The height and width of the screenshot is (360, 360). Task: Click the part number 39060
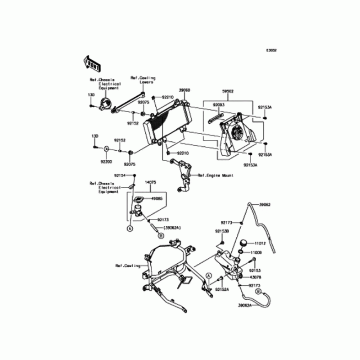coord(185,90)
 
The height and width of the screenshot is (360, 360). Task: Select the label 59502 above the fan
coord(228,90)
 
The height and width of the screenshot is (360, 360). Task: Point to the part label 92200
coord(106,161)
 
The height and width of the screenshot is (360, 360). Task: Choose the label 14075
coord(150,182)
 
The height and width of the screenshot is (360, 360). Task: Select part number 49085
coord(156,198)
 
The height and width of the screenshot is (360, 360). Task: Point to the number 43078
coord(255,277)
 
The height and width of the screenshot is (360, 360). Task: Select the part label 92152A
coord(222,290)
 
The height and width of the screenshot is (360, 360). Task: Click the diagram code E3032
coord(271,50)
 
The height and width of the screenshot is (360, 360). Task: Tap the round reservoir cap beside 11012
coord(243,243)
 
